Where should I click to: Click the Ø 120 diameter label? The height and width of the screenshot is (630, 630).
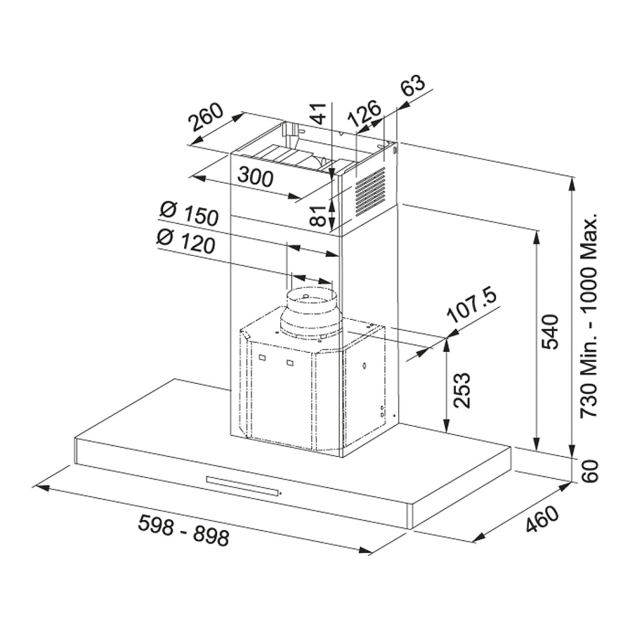(186, 241)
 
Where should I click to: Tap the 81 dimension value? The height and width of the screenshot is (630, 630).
(318, 216)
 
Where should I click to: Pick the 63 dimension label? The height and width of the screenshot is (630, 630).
(413, 85)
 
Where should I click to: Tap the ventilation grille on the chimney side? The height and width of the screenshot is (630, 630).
(370, 191)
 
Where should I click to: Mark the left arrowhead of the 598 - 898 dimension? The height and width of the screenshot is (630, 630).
(40, 488)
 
